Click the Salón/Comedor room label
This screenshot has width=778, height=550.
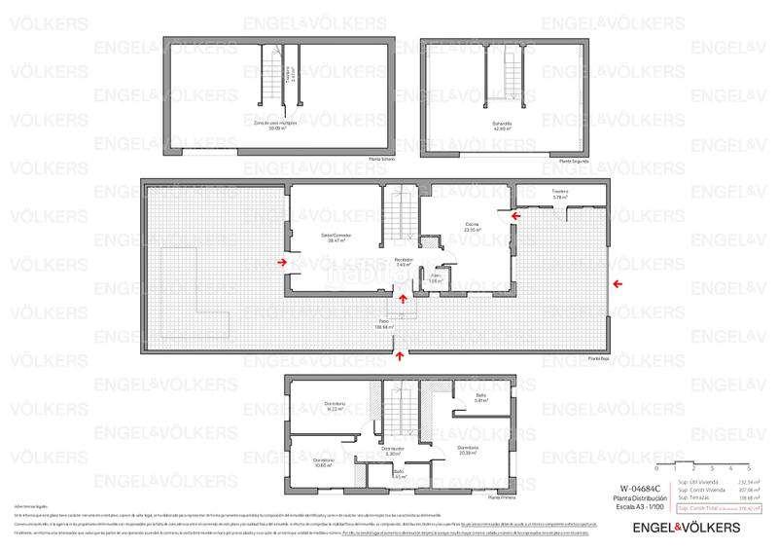coord(336,238)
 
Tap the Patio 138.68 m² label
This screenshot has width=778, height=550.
coord(382,324)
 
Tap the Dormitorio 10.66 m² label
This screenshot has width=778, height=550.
coord(323,461)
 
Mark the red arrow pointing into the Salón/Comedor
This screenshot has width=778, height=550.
coord(281,261)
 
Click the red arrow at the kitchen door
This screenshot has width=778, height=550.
coord(515,214)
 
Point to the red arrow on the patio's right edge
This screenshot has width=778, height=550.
coord(619,283)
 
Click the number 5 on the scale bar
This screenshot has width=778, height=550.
coord(763,469)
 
